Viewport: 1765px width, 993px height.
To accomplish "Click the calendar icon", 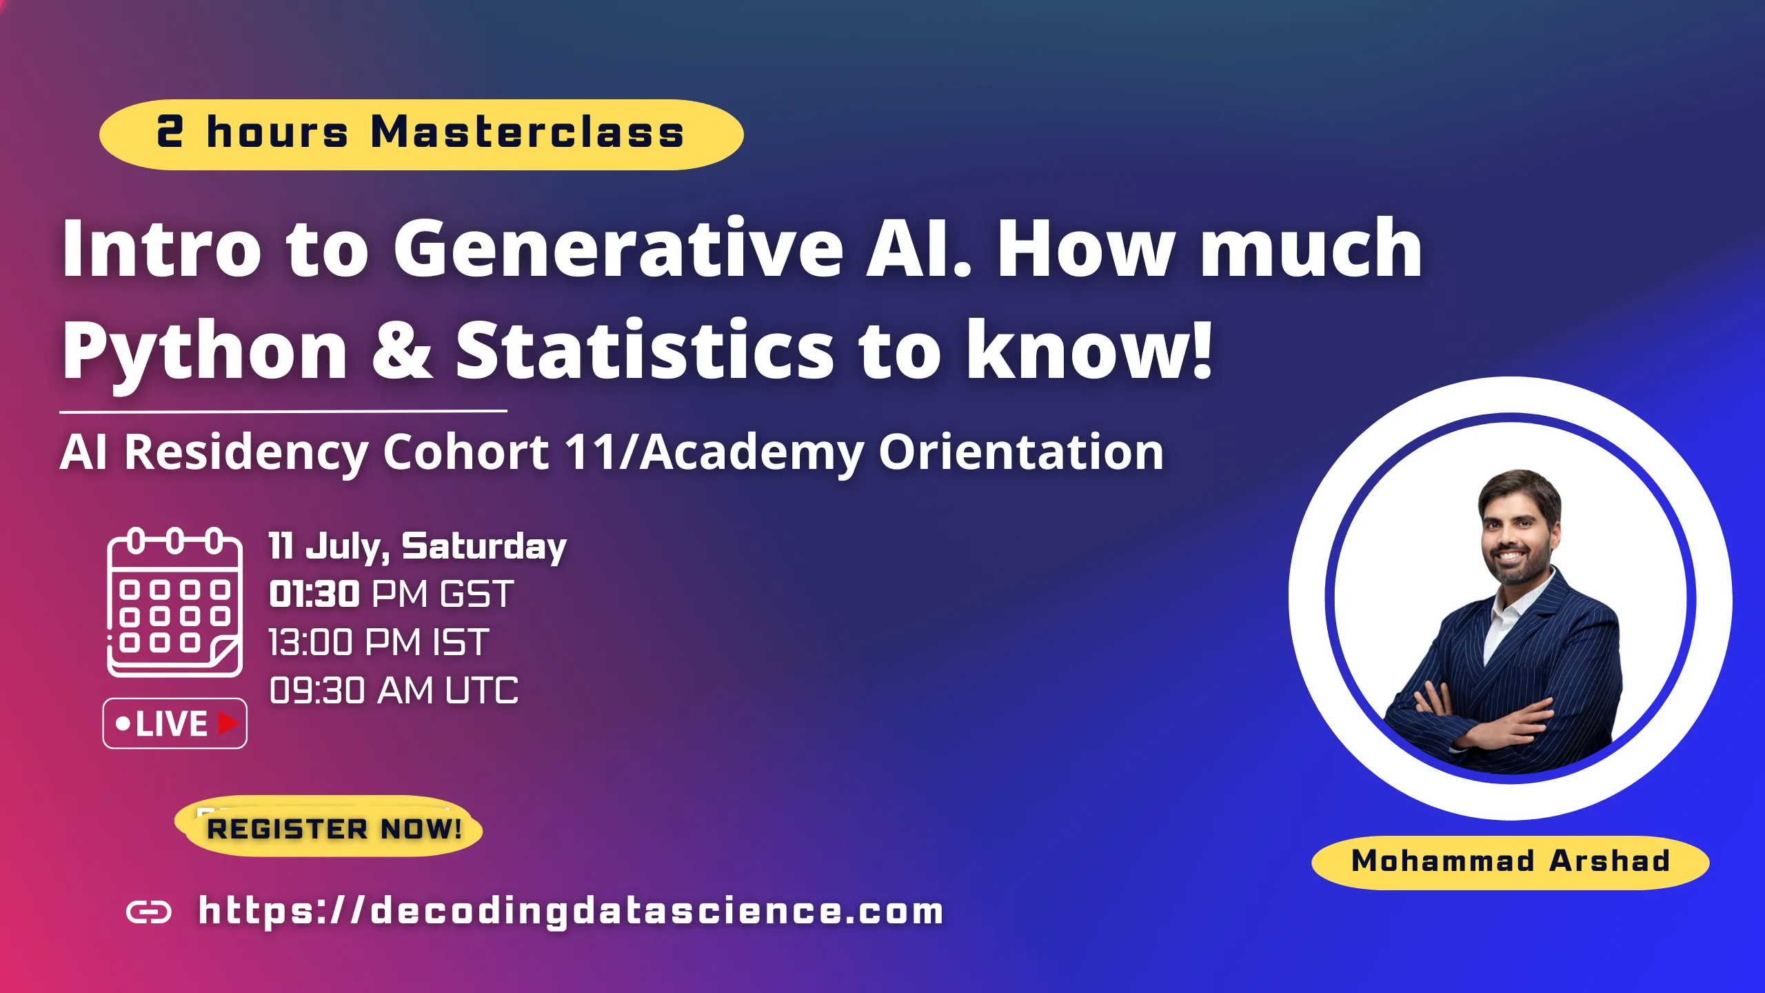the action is [x=174, y=602].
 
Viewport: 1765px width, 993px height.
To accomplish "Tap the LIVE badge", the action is [x=175, y=723].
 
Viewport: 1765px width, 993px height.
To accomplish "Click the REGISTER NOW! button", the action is [x=329, y=827].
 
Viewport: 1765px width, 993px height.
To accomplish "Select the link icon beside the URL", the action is [x=149, y=912].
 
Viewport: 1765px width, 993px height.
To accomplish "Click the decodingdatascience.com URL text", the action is [x=571, y=911].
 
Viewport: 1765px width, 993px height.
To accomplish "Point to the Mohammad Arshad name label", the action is [x=1510, y=862].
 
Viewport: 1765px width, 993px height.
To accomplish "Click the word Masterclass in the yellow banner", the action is [x=527, y=132].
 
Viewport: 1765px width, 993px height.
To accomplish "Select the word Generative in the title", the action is [x=618, y=248].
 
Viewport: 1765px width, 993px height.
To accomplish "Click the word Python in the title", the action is [x=205, y=352].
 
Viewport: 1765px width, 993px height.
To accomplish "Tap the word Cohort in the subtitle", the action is [x=466, y=452].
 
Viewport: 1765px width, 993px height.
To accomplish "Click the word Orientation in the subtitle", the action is [x=1021, y=452].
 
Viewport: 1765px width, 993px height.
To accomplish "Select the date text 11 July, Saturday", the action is [x=418, y=547].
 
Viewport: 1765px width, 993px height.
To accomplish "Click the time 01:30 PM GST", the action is [x=392, y=594].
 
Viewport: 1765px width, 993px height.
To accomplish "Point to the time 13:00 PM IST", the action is [x=379, y=642].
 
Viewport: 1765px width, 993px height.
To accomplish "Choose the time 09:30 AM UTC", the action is [x=394, y=690].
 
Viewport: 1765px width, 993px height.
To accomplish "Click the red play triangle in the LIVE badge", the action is [x=228, y=723].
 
